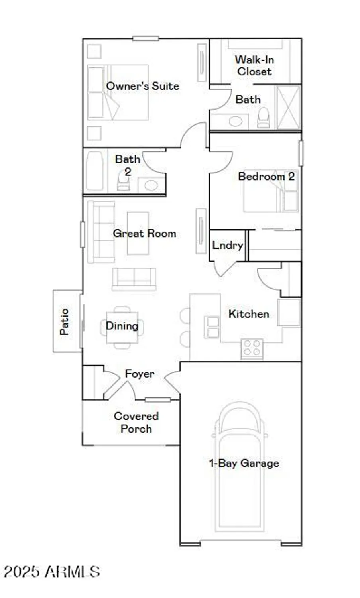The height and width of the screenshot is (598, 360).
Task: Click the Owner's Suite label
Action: point(142,86)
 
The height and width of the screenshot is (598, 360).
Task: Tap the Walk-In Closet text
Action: point(254,66)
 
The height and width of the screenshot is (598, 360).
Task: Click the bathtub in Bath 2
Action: point(94,171)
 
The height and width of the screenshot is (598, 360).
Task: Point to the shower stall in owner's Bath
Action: point(288,107)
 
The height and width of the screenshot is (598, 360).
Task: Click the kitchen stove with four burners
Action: point(252,348)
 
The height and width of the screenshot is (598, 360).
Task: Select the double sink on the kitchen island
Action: point(212,327)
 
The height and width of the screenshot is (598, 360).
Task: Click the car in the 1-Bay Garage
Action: point(239,466)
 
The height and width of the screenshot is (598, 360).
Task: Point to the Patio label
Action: point(64,321)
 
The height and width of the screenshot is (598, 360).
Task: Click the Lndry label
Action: point(227,245)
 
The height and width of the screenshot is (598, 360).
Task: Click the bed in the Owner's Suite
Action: point(118,92)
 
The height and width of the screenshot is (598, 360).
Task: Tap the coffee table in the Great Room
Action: point(138,233)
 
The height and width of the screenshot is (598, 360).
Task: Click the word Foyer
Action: point(140,374)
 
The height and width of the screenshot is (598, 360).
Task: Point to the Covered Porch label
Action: point(136,422)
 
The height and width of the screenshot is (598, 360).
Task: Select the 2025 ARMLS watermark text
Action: point(52,572)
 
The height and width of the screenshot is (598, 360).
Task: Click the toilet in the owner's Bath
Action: point(263,118)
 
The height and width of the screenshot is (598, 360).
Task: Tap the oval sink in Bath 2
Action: point(151,185)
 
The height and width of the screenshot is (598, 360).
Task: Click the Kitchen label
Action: point(248,314)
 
